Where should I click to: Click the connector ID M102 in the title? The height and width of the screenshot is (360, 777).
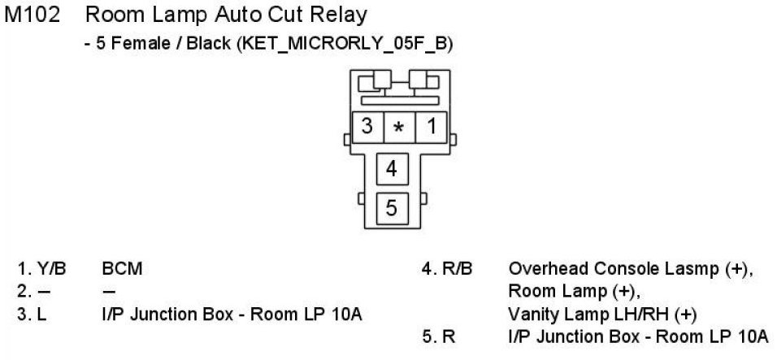click(x=33, y=14)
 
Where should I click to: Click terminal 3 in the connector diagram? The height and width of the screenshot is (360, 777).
click(x=367, y=127)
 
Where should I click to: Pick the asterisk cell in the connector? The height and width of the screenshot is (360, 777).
click(x=398, y=128)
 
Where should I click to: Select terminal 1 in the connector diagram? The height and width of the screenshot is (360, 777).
click(x=431, y=127)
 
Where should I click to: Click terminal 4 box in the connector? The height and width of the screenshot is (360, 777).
click(x=392, y=169)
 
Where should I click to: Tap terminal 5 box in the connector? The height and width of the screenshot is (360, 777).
click(x=392, y=208)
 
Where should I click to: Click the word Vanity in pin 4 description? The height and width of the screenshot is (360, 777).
click(x=530, y=313)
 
